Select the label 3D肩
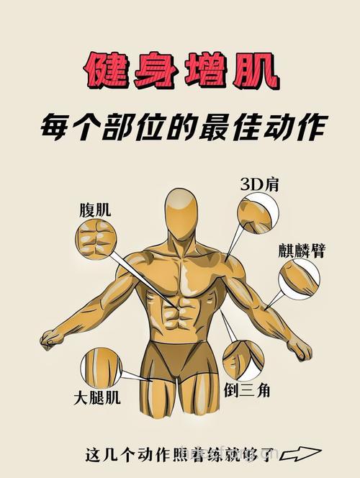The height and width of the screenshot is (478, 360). point(260,185)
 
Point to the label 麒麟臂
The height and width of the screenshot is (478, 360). point(302,251)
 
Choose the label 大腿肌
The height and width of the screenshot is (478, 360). point(97,397)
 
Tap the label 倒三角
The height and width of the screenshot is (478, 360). point(246,390)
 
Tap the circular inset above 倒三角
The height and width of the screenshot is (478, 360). point(243,360)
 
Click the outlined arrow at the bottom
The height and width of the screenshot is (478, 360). point(300,454)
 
